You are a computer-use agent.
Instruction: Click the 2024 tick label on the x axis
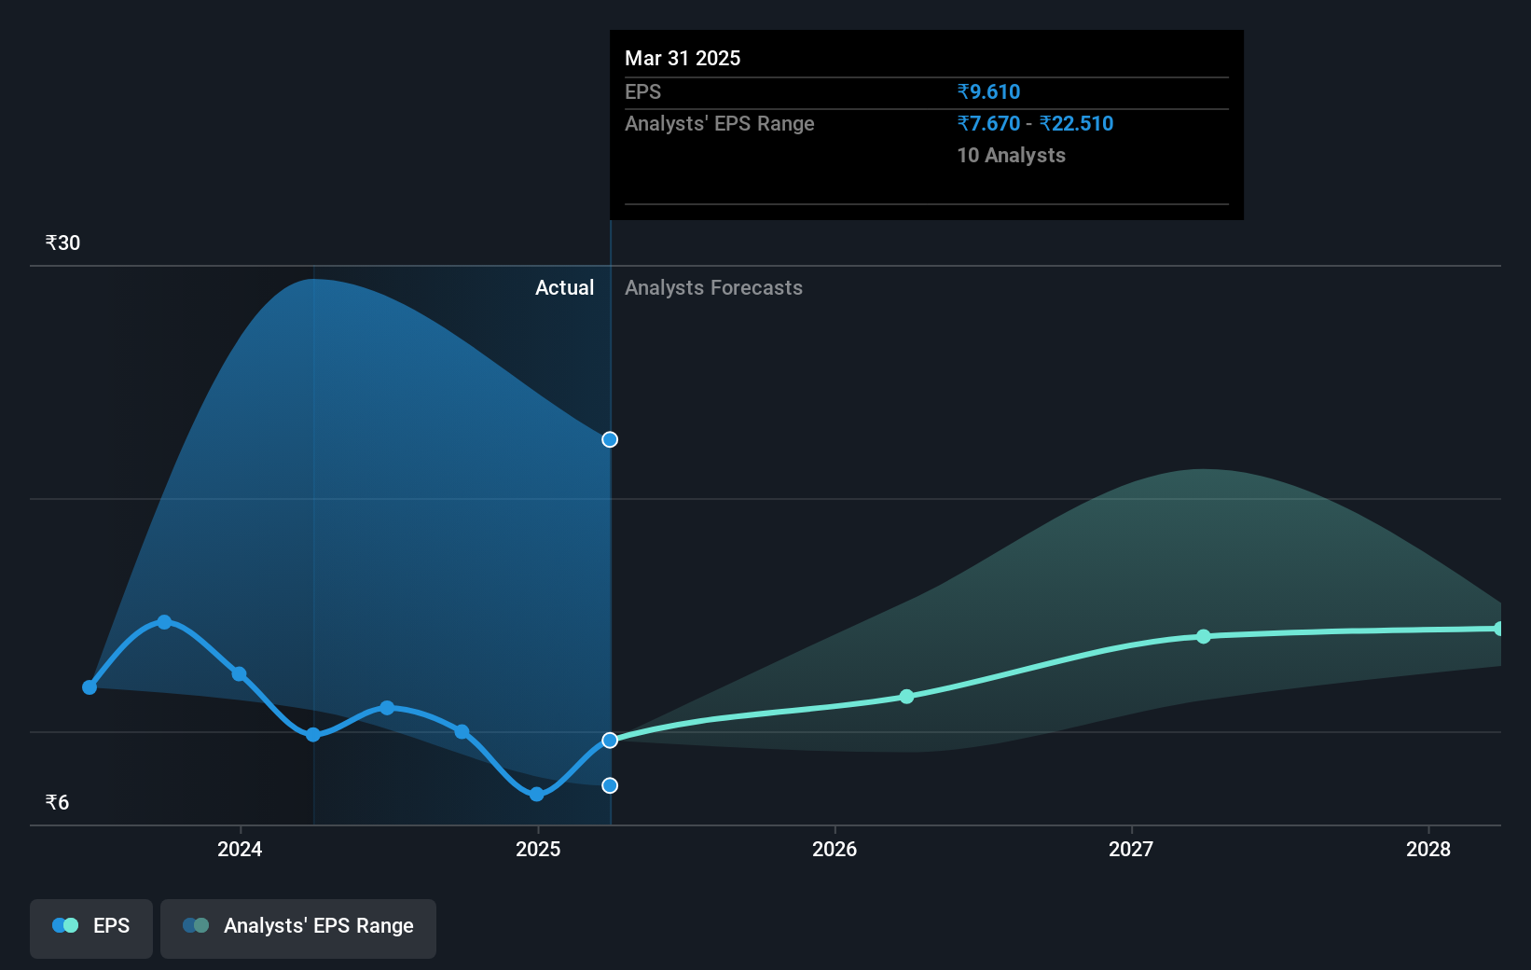[240, 849]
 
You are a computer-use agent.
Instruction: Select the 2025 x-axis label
[538, 849]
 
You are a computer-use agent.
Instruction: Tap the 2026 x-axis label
[834, 849]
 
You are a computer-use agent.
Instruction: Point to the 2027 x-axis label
[1131, 849]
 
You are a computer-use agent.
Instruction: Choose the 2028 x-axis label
[1428, 849]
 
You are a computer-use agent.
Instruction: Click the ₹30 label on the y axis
[62, 243]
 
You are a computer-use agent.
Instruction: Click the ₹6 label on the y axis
[57, 803]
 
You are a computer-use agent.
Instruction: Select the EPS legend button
[91, 926]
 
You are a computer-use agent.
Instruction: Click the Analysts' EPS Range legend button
[298, 926]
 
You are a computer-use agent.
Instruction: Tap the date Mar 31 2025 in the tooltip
[683, 58]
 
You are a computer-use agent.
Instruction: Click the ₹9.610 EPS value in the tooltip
[988, 91]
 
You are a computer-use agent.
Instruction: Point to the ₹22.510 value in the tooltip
[1077, 123]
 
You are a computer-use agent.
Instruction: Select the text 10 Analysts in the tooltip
[1011, 155]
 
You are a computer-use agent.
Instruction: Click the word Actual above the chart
[564, 287]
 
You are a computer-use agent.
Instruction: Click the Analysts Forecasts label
[713, 287]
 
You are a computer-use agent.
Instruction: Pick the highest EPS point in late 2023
[164, 622]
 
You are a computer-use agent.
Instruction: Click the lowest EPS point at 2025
[536, 795]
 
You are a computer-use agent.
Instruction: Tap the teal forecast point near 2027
[1204, 636]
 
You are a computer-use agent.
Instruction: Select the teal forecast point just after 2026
[907, 697]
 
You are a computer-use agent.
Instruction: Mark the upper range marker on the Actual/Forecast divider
[610, 439]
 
